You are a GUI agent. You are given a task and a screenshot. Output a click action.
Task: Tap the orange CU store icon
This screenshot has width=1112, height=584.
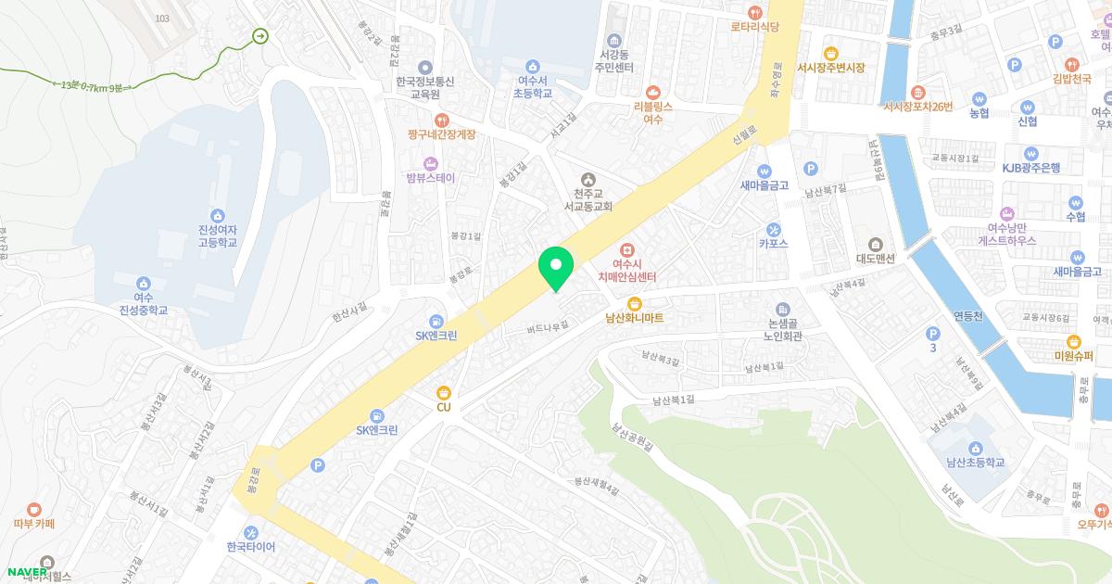click(443, 393)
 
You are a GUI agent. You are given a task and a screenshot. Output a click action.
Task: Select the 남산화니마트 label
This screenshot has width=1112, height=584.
click(635, 318)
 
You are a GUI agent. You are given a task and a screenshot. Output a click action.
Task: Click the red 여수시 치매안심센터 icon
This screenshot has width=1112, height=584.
click(627, 250)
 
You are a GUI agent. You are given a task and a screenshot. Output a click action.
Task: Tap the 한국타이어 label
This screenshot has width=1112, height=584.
click(251, 547)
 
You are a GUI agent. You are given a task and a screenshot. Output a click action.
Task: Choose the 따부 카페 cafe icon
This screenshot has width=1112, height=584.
click(34, 508)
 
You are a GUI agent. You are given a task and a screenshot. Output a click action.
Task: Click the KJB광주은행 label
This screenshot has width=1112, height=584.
click(1030, 168)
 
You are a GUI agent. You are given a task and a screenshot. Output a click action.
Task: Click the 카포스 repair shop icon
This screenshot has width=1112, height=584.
click(773, 229)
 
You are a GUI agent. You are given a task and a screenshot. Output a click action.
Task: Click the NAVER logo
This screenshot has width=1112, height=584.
click(29, 571)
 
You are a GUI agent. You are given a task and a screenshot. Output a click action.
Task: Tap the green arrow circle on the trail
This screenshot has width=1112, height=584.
click(259, 36)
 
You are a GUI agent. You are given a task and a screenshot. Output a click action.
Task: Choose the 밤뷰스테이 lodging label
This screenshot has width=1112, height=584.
click(431, 177)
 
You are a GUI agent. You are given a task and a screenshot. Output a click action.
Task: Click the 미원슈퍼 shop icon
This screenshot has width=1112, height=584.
click(1073, 341)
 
